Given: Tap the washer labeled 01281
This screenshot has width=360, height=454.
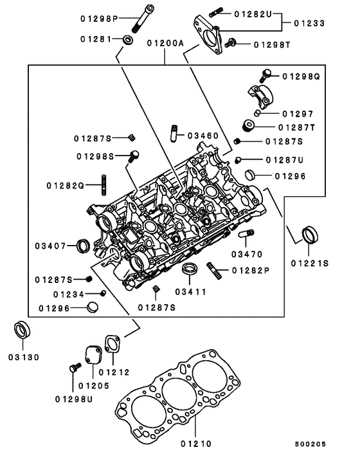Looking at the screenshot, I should (x=128, y=41).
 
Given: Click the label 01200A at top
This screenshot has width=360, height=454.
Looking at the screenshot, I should (x=165, y=44).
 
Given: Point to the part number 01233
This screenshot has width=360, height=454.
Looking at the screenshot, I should (x=309, y=23).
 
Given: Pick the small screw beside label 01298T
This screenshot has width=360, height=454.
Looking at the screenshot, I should (x=232, y=42).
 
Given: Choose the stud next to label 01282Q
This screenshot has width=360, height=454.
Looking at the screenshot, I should (x=102, y=185).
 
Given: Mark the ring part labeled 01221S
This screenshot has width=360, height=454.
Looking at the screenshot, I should (x=309, y=235).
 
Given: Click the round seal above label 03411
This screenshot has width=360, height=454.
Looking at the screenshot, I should (x=190, y=268).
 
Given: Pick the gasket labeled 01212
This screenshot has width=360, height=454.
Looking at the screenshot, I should (x=113, y=345).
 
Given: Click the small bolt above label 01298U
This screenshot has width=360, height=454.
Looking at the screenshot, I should (x=73, y=368).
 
